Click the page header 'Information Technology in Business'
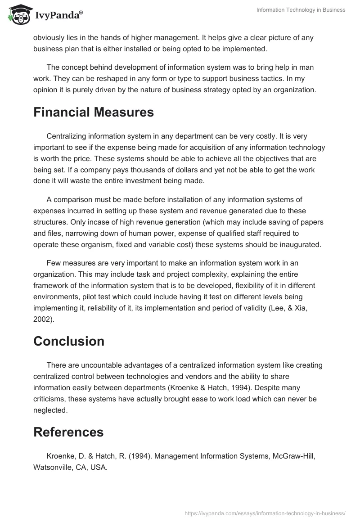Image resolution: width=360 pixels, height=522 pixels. (301, 10)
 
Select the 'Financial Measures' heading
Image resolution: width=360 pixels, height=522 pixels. (94, 112)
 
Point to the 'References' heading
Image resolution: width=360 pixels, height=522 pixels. (68, 432)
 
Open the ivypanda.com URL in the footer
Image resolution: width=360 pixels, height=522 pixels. (265, 513)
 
